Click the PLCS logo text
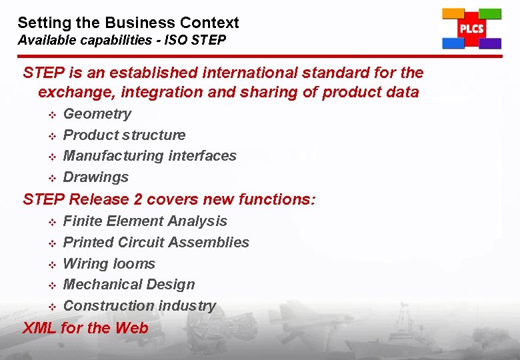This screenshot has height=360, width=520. click(471, 29)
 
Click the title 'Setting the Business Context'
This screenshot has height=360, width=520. click(128, 23)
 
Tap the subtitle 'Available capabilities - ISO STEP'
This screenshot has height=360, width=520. click(122, 40)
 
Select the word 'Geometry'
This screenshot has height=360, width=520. click(97, 114)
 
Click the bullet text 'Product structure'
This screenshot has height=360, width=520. click(124, 135)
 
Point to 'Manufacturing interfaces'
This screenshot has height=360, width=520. click(149, 156)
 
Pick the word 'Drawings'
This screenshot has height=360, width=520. click(95, 177)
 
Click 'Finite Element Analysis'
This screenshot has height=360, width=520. click(145, 221)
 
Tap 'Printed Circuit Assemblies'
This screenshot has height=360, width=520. click(156, 243)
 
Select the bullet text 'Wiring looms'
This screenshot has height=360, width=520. click(109, 264)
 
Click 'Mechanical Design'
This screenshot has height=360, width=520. click(129, 285)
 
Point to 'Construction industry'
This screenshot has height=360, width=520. click(139, 306)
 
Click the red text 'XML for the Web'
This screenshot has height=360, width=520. click(85, 328)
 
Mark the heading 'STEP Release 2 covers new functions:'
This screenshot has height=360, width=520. click(169, 199)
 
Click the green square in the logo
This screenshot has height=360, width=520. click(490, 13)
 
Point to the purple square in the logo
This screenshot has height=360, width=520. click(490, 44)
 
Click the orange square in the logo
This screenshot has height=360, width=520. click(453, 13)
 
